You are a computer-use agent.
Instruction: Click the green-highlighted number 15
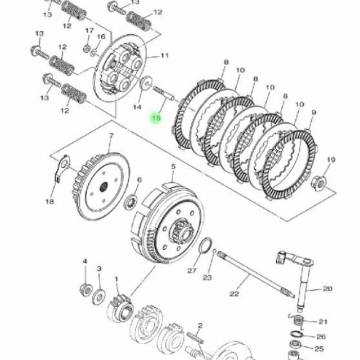[x=156, y=118]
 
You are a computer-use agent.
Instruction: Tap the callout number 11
[x=165, y=56]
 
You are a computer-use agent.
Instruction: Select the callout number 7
[x=111, y=136]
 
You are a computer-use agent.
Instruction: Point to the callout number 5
[x=173, y=167]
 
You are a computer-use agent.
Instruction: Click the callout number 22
[x=234, y=294]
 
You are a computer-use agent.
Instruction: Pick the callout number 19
[x=331, y=160]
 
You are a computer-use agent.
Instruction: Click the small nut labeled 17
[x=87, y=48]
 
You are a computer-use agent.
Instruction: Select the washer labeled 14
[x=146, y=84]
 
